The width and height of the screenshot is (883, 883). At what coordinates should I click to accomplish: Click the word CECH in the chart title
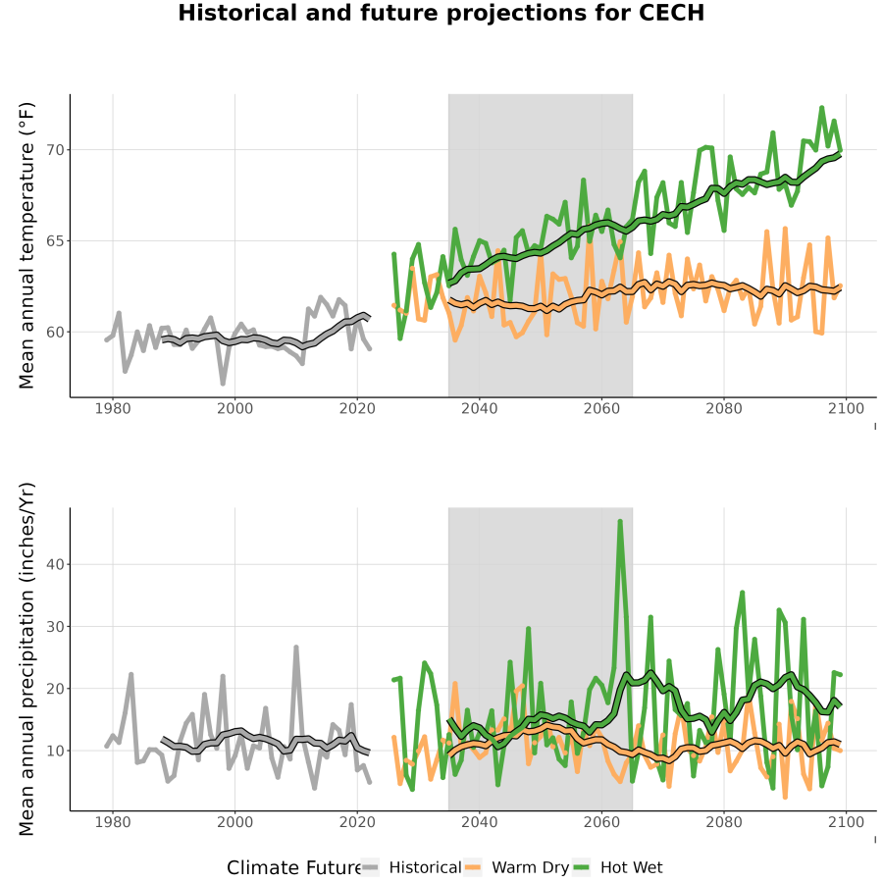(671, 13)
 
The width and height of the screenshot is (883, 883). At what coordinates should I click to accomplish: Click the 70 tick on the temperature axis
(54, 150)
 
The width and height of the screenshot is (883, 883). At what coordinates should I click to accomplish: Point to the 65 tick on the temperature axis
(54, 241)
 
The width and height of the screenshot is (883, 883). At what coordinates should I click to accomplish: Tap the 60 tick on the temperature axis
(54, 333)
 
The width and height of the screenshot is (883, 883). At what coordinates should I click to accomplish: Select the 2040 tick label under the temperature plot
(479, 408)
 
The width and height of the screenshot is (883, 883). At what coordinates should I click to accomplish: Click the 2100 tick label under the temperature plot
(846, 408)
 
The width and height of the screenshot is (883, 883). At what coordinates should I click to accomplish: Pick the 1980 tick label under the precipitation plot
(113, 822)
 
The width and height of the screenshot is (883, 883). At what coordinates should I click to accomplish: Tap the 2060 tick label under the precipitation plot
(601, 822)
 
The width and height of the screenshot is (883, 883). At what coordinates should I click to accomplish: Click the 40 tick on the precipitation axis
(54, 564)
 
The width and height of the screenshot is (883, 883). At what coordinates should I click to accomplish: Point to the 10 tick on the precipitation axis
(54, 751)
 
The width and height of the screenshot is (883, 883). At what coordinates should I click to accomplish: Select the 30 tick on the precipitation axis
(54, 626)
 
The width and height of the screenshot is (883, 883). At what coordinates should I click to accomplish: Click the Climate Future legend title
(294, 868)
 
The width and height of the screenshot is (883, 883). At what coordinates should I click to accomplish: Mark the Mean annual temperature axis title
(26, 245)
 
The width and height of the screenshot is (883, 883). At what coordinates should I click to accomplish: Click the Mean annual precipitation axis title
(26, 659)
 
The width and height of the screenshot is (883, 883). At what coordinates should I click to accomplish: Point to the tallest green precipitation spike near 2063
(620, 522)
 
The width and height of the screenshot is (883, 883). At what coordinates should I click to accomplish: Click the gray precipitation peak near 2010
(295, 648)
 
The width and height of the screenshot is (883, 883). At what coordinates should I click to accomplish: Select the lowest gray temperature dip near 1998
(223, 383)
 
